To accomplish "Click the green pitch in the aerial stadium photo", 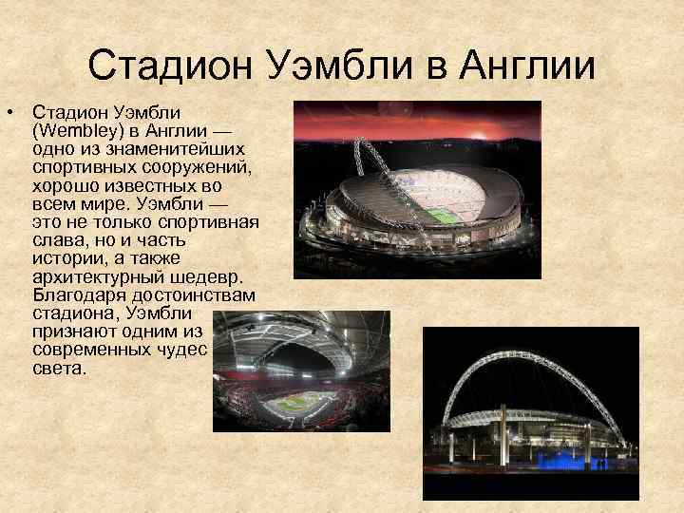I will [439, 215].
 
